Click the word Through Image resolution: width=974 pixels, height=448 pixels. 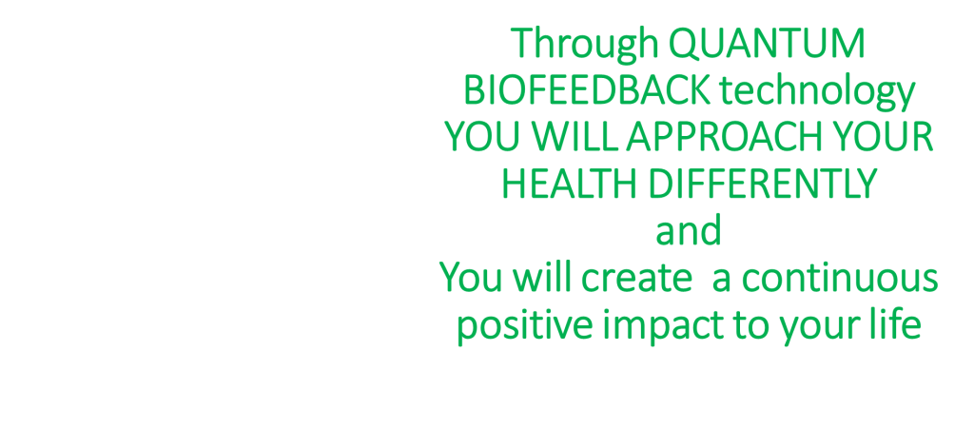click(585, 45)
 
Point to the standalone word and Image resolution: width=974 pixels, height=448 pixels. click(689, 231)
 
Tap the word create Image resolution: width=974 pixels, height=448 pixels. click(636, 280)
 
